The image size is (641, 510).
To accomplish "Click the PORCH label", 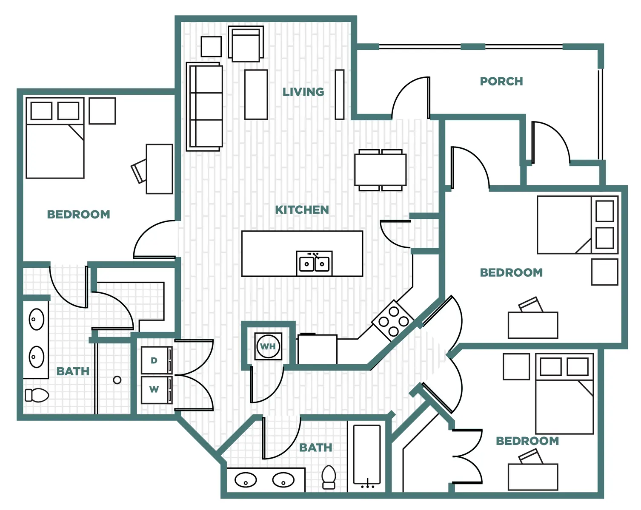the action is [x=501, y=81].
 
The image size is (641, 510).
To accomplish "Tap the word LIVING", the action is [x=303, y=92].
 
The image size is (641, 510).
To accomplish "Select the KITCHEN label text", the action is [x=302, y=210].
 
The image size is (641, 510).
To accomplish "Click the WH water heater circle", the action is [x=268, y=346].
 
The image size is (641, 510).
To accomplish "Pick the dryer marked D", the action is [x=157, y=360].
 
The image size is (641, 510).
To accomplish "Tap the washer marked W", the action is [x=157, y=390].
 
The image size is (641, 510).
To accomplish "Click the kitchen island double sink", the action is [x=314, y=263].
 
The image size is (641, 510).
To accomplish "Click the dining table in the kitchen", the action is [x=381, y=170].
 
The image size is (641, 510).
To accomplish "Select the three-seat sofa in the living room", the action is [x=205, y=106].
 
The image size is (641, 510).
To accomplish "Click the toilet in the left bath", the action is [x=37, y=395].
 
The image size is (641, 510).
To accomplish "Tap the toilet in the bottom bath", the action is [x=329, y=477].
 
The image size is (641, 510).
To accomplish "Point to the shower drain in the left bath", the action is [x=117, y=380].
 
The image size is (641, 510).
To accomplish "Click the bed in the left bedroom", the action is [x=55, y=138].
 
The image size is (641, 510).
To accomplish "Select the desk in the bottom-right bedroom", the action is [x=533, y=477].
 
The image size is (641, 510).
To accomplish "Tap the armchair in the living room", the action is [x=246, y=44].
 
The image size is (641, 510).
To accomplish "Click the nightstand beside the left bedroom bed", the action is [x=102, y=111].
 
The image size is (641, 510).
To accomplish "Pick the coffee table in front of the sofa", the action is [x=256, y=95].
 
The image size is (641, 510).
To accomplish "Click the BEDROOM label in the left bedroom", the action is [x=79, y=214].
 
